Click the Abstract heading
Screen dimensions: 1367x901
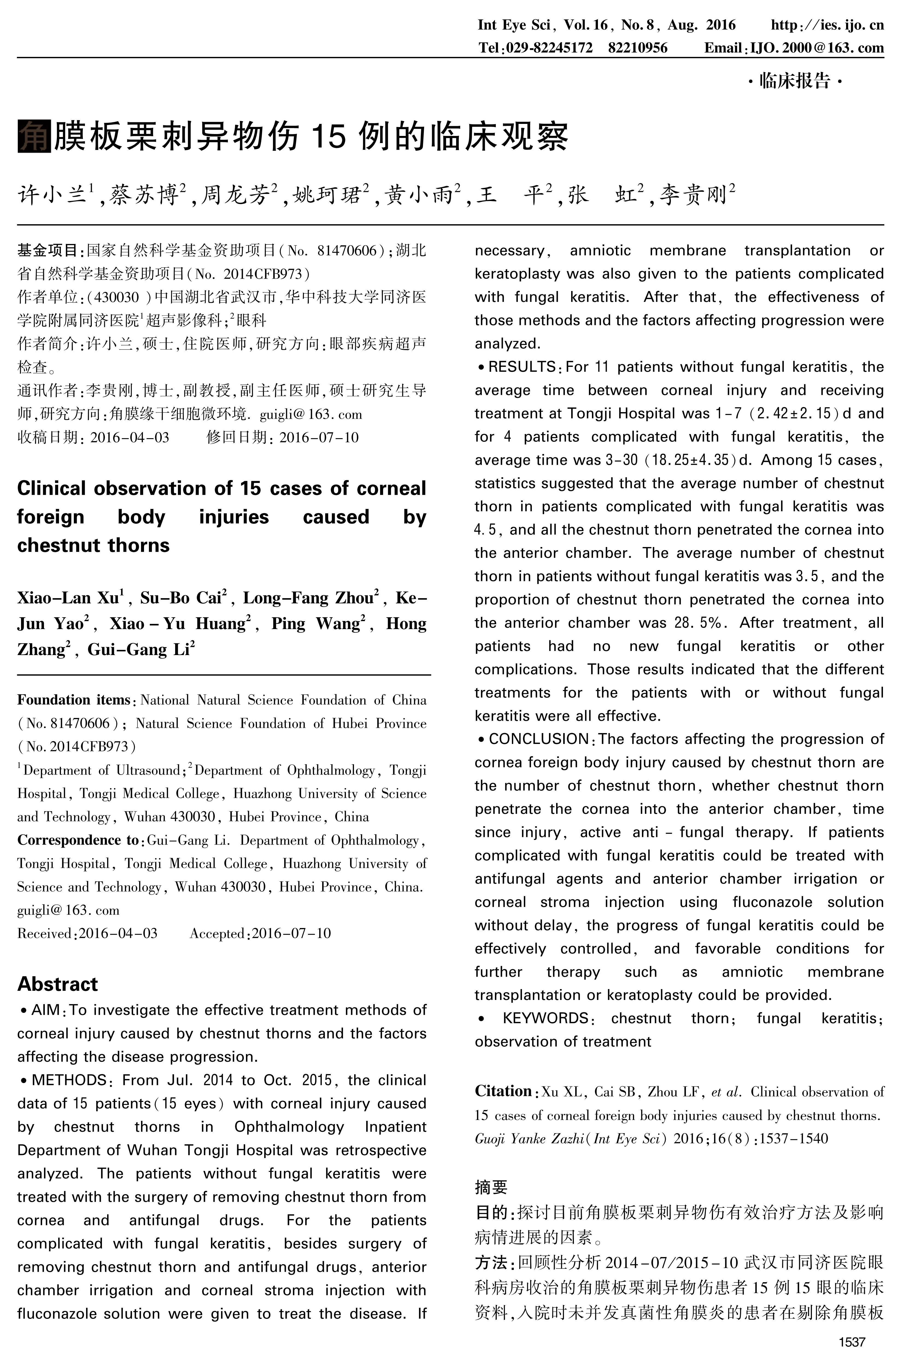(x=57, y=984)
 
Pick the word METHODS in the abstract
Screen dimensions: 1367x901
(x=69, y=1080)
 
